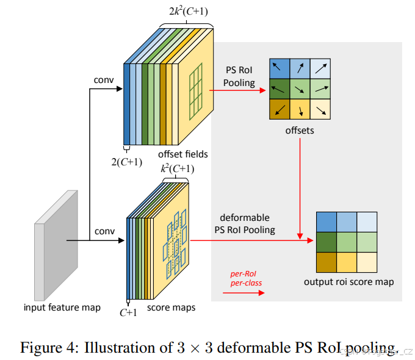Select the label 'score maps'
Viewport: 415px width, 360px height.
171,308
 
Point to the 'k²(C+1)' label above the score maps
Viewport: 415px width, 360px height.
178,168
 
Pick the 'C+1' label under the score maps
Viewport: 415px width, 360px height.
128,312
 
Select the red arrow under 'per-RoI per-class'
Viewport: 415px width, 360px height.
244,293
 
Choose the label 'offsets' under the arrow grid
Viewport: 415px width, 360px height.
300,131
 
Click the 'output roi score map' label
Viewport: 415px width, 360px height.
349,282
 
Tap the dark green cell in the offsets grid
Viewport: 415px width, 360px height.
279,88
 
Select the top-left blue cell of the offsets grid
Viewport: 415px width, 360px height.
279,68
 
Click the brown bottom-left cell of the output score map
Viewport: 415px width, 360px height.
327,261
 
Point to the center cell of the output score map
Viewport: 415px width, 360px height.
348,241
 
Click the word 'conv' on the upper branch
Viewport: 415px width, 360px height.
104,80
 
